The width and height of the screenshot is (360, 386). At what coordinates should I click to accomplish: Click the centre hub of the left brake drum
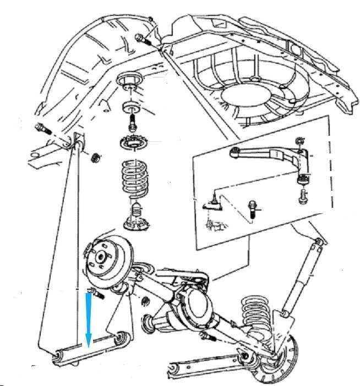point(101,256)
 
